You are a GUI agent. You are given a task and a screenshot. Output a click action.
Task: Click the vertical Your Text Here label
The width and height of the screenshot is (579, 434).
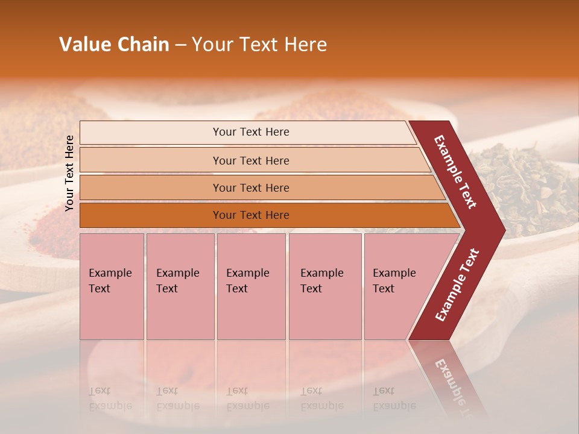tap(69, 173)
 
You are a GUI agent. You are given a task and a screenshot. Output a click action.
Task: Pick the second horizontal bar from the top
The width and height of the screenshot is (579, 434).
tap(250, 160)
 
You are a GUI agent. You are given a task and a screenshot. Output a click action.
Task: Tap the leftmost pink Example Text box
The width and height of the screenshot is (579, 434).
tap(112, 286)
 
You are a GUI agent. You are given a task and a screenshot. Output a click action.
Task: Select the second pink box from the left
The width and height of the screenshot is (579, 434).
tap(180, 286)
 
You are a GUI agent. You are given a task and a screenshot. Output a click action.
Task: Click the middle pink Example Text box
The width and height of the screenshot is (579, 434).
tap(251, 286)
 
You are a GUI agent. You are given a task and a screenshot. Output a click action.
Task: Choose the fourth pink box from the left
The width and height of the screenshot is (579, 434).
tap(324, 286)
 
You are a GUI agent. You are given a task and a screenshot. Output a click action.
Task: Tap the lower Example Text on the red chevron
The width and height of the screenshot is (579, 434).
tap(457, 285)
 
